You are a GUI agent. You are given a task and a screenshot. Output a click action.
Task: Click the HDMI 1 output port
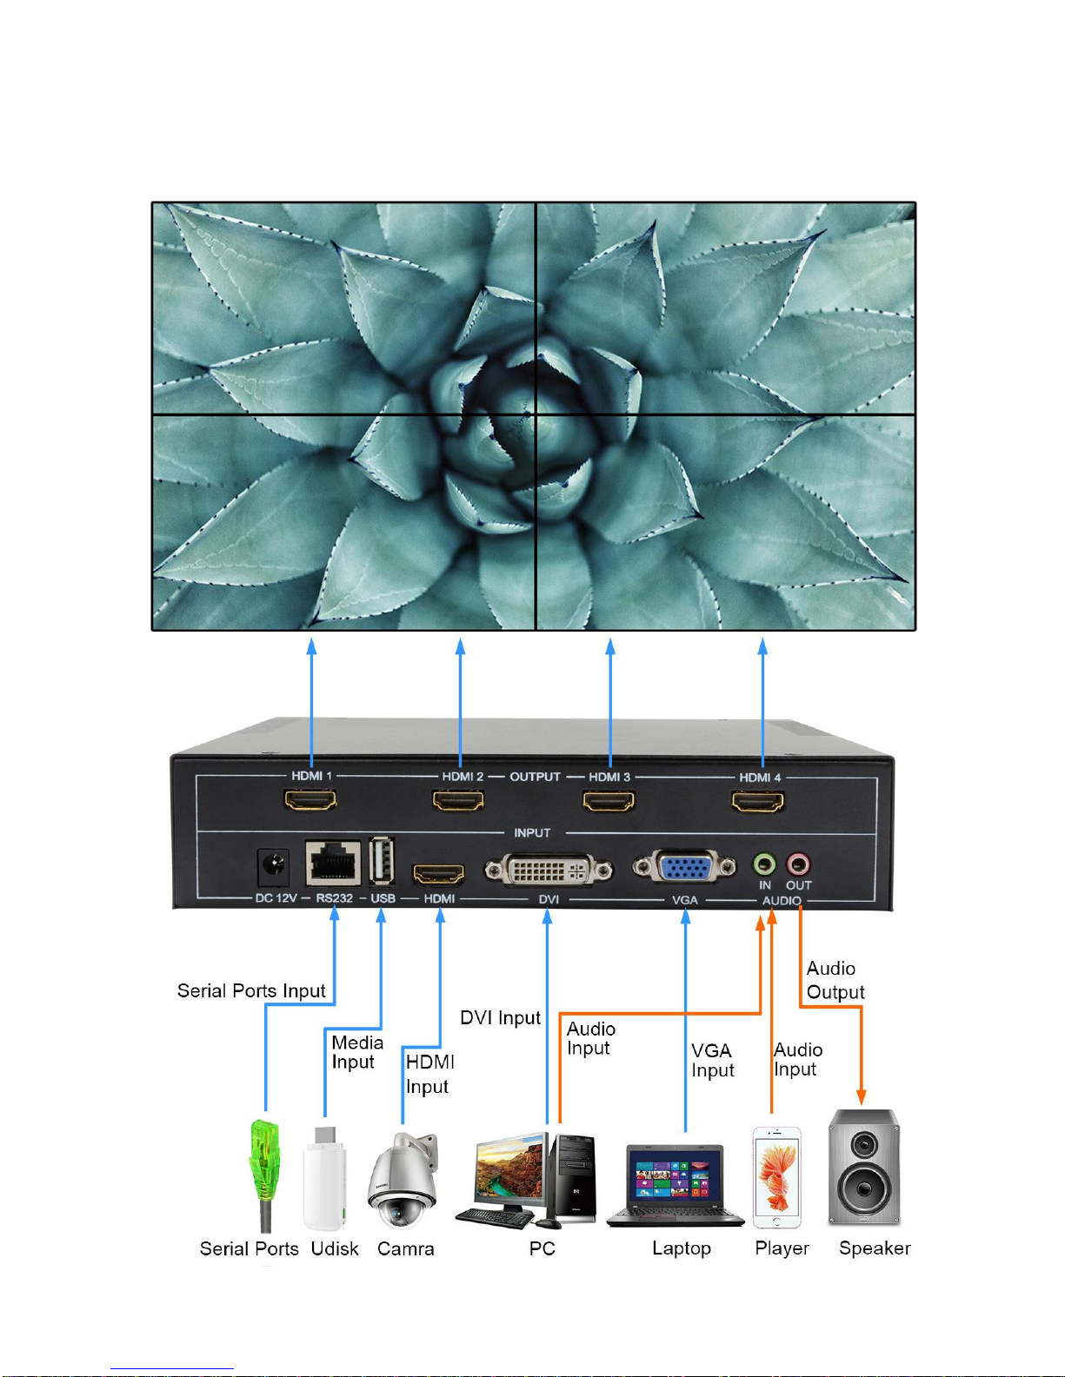(310, 799)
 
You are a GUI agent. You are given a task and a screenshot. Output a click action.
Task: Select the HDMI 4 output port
(758, 800)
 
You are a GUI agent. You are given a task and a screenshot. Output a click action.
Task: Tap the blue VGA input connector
(685, 868)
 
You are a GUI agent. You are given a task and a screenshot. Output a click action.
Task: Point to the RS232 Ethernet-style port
(333, 863)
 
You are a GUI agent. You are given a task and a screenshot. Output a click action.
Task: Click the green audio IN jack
(763, 864)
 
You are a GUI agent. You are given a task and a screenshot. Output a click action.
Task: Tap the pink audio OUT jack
(797, 864)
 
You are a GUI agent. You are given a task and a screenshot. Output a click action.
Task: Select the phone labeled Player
(776, 1177)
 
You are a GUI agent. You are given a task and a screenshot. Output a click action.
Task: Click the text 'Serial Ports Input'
(251, 990)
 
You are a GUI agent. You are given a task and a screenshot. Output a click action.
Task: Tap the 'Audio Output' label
(835, 980)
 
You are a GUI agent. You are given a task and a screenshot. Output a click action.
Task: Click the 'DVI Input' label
(500, 1017)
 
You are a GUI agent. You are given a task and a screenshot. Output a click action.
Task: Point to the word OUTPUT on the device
(535, 777)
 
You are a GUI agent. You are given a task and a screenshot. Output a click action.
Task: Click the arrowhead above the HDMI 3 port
(610, 646)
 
